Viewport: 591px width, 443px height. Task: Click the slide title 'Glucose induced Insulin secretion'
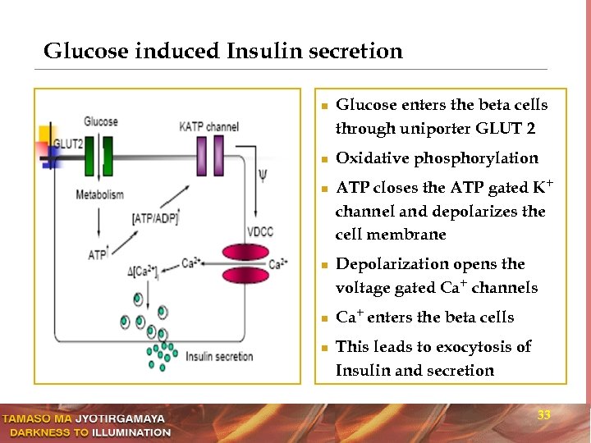point(223,52)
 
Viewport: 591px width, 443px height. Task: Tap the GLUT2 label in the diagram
point(67,144)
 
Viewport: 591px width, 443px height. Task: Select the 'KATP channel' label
point(208,126)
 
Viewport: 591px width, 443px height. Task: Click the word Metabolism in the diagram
point(99,194)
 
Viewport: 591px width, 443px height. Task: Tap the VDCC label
point(259,232)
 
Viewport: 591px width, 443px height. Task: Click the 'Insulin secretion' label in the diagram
point(219,356)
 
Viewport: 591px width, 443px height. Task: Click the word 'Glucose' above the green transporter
point(100,121)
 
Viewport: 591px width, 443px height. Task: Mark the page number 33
point(543,416)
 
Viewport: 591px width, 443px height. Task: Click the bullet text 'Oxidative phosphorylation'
point(437,158)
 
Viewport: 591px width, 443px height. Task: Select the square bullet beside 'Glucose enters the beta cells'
point(324,107)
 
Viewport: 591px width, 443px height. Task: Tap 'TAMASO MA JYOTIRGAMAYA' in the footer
point(83,419)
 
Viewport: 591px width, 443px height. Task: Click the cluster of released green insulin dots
point(161,354)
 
